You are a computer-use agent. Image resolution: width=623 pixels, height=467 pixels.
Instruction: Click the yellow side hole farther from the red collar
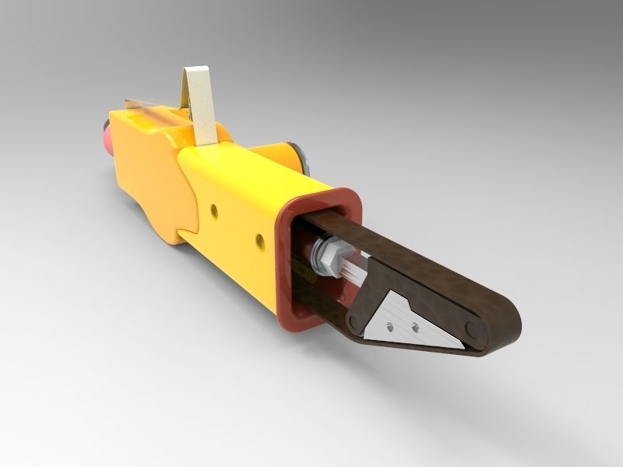[214, 209]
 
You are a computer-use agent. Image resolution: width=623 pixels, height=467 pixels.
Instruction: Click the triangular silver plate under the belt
[405, 319]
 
